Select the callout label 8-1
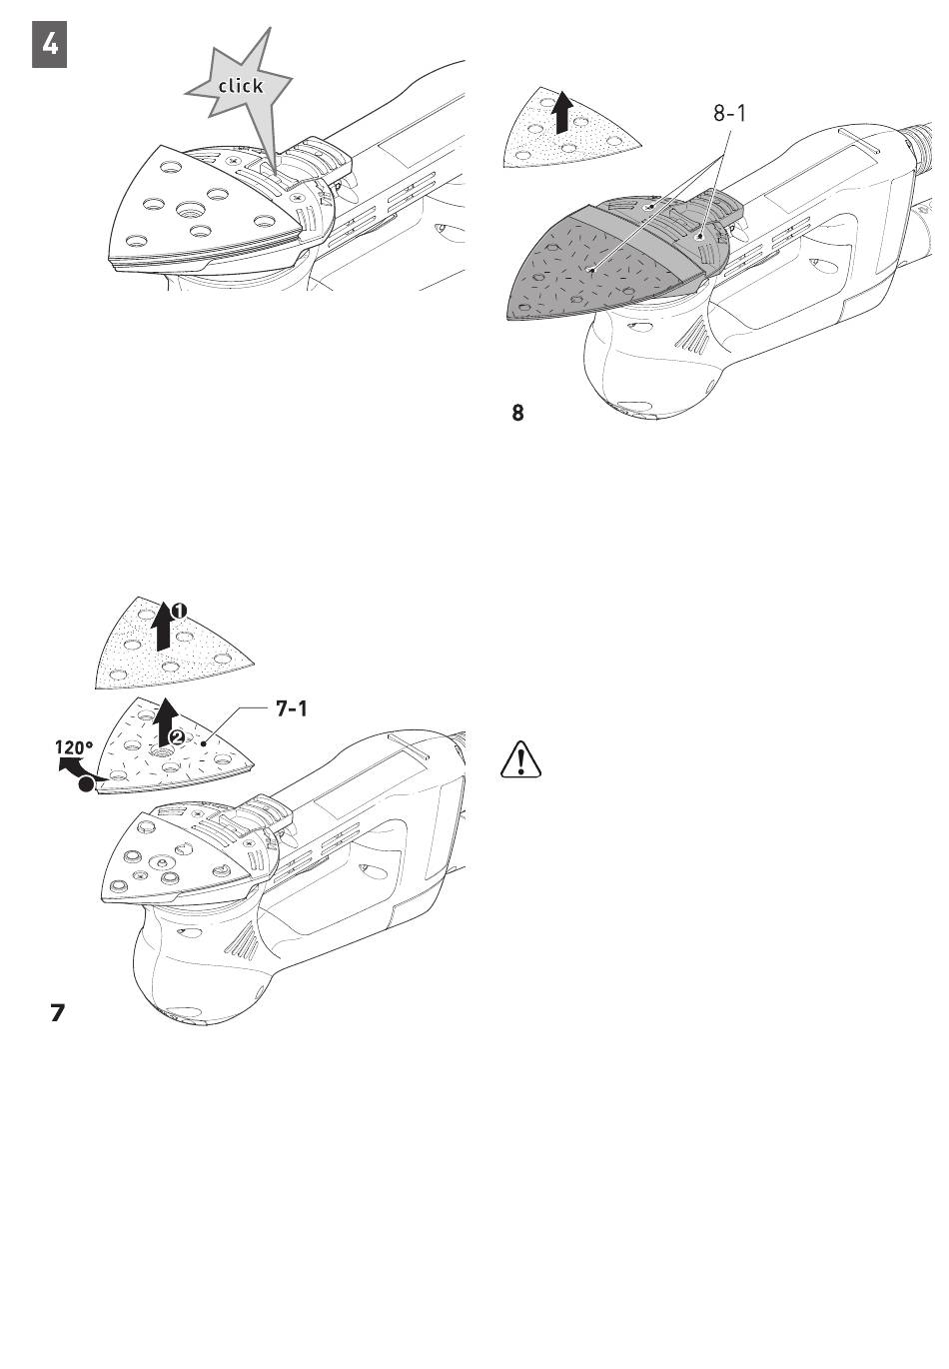(729, 114)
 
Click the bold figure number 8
(517, 412)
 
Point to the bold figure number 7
(58, 1013)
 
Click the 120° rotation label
(74, 746)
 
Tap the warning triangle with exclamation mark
(519, 760)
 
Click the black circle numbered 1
(176, 610)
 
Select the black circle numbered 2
(176, 736)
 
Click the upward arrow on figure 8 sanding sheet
(562, 112)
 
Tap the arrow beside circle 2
(166, 724)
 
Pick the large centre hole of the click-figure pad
(188, 209)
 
